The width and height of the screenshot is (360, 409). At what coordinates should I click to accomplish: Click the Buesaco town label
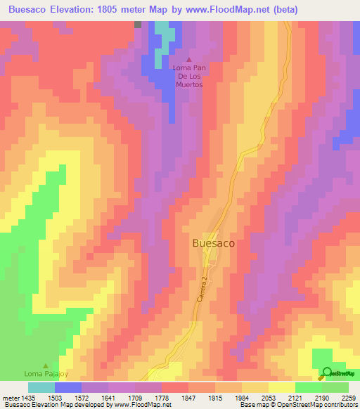[x=213, y=242]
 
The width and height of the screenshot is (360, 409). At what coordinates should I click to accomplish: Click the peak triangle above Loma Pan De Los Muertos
[x=188, y=60]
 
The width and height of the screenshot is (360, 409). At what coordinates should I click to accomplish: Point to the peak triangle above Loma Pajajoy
[x=46, y=365]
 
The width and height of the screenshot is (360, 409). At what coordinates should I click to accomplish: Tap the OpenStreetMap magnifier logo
[x=327, y=373]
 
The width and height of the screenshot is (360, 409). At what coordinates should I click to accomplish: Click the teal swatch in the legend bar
[x=41, y=387]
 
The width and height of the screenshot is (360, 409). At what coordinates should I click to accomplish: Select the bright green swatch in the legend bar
[x=309, y=387]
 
